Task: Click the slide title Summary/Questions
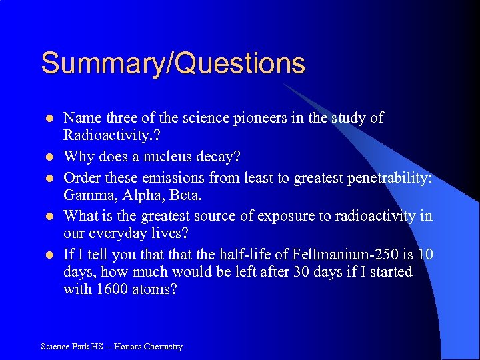click(x=173, y=64)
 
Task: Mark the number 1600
click(x=111, y=289)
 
